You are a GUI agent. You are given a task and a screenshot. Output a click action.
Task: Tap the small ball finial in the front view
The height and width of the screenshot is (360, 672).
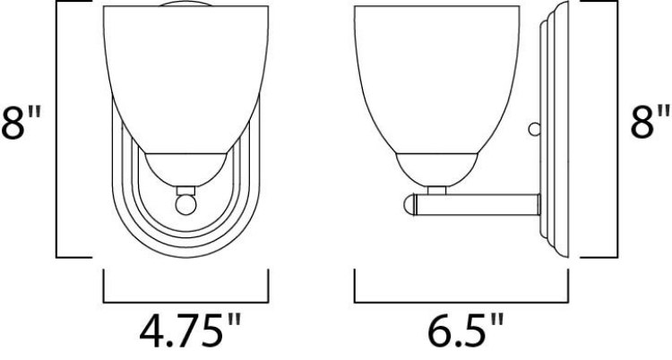pos(186,204)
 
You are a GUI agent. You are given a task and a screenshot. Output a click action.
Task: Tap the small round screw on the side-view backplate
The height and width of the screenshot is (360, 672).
pos(534,131)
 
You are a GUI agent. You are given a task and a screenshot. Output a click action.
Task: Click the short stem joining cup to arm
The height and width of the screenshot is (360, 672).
pos(436,190)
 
